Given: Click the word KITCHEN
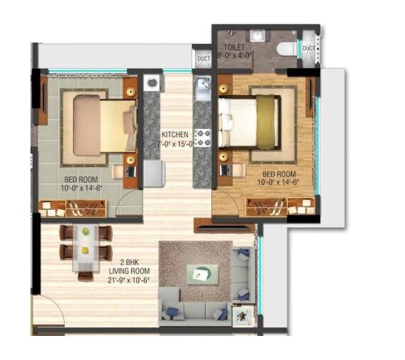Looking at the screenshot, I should (174, 134).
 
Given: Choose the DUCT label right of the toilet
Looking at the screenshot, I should (308, 47).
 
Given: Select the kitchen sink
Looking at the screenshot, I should (202, 89).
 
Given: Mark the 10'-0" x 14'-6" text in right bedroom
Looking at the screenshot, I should (280, 182).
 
